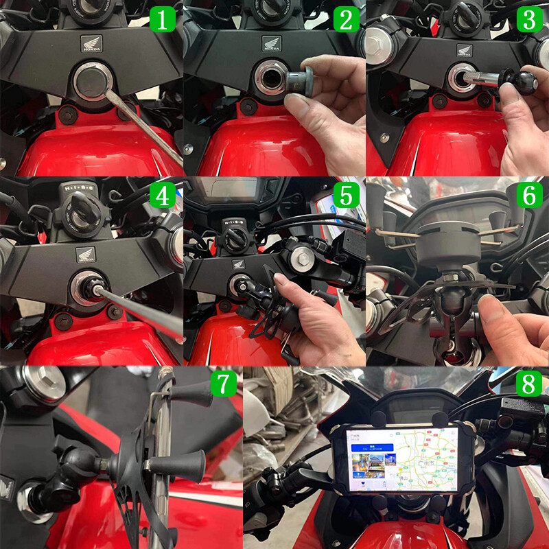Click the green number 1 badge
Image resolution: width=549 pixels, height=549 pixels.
pyautogui.click(x=163, y=19)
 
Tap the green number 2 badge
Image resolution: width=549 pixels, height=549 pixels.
pyautogui.click(x=346, y=19)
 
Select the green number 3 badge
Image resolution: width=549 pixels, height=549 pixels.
pyautogui.click(x=528, y=19)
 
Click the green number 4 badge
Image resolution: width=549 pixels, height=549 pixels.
pyautogui.click(x=163, y=196)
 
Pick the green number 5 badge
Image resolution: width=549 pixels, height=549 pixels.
pyautogui.click(x=346, y=196)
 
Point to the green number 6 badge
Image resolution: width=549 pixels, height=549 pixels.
pyautogui.click(x=528, y=196)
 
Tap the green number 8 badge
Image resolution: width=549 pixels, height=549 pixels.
pyautogui.click(x=528, y=384)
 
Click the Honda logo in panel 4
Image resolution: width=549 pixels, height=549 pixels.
pyautogui.click(x=86, y=255)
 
